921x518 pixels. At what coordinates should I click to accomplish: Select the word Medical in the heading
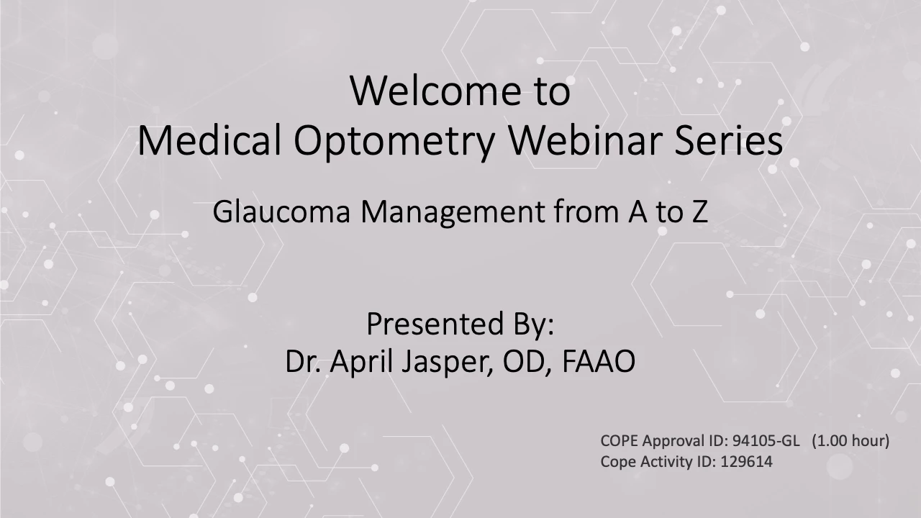[x=209, y=140]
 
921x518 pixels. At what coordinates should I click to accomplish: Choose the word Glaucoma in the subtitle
[x=281, y=212]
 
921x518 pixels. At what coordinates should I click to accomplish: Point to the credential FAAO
[x=598, y=361]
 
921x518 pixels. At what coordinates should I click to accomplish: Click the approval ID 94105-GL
[x=766, y=441]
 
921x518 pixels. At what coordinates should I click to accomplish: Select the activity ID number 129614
[x=747, y=462]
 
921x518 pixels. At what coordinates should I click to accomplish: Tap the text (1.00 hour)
[x=850, y=441]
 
